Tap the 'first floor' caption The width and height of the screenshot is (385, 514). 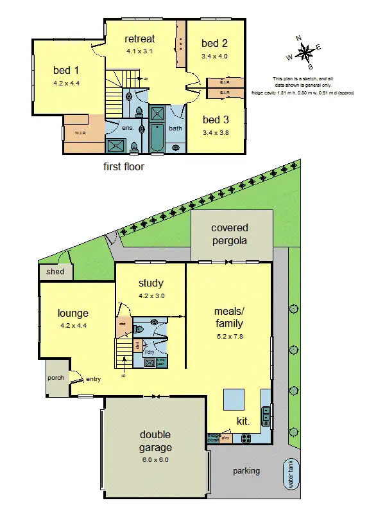pos(124,166)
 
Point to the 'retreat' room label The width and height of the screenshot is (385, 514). pos(140,39)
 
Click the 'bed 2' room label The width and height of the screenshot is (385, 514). pos(214,44)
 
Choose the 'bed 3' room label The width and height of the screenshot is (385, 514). pos(215,120)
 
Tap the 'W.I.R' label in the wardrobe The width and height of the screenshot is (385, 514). pos(80,133)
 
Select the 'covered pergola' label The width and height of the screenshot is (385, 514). pos(229,234)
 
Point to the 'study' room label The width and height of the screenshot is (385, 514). pos(151,283)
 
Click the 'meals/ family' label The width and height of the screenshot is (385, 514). pos(228,317)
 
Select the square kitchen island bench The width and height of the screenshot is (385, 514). pos(233,400)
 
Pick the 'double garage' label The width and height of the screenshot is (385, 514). pos(155,440)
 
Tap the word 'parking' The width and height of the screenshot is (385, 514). pos(246,470)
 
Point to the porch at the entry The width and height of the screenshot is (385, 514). pos(55,378)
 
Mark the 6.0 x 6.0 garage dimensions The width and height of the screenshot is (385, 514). pos(155,459)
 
